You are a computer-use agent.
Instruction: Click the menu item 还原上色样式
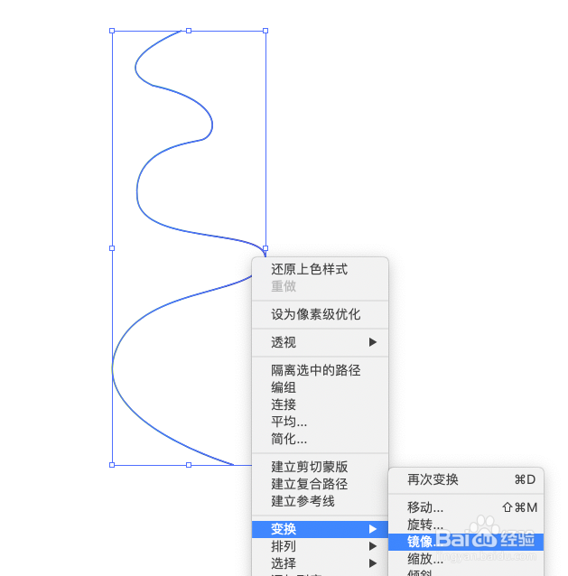coord(310,269)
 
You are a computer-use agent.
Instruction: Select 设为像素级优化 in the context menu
coord(316,314)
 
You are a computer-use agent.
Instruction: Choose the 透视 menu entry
coord(284,342)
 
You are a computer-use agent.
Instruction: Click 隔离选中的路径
coord(316,370)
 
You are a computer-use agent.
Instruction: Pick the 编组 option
coord(284,387)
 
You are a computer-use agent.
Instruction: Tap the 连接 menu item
coord(284,404)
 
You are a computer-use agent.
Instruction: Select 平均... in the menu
coord(289,422)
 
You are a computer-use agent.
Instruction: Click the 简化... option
coord(289,439)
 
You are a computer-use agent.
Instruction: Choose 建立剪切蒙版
coord(310,467)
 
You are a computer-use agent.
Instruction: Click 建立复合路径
coord(310,484)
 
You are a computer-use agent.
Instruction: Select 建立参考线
coord(303,501)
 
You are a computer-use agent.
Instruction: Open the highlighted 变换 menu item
coord(284,529)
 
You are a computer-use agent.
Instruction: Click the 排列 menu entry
coord(284,546)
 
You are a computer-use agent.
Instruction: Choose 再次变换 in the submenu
coord(433,479)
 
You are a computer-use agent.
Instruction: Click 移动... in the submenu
coord(425,507)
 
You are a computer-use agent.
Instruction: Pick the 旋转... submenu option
coord(425,525)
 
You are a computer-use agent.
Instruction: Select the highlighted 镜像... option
coord(425,542)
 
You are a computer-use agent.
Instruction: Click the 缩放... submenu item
coord(425,559)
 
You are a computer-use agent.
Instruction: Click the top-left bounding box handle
coord(112,31)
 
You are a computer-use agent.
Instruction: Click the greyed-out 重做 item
coord(284,286)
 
